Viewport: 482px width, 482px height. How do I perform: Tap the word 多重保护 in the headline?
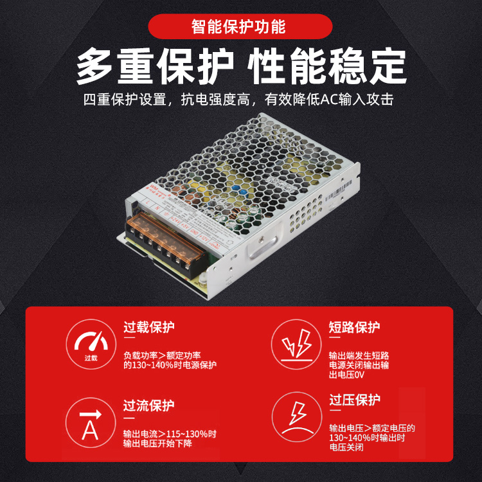[154, 66]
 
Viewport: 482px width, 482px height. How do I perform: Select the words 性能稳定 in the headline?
[327, 66]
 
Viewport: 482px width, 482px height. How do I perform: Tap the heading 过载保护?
[148, 326]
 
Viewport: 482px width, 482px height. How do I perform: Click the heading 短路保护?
[354, 326]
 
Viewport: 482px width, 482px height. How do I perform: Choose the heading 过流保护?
[148, 406]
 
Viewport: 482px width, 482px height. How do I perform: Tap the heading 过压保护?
[354, 400]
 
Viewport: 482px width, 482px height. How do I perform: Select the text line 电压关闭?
[346, 447]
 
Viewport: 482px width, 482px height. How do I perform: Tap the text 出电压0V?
[346, 374]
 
